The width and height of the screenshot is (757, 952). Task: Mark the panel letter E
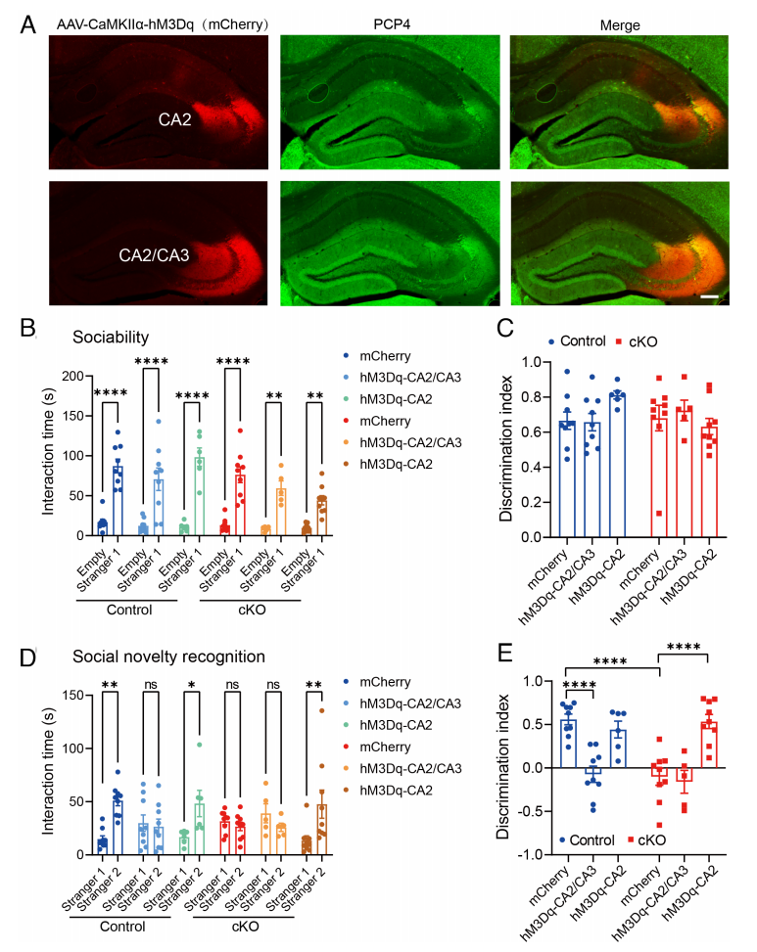(x=502, y=653)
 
